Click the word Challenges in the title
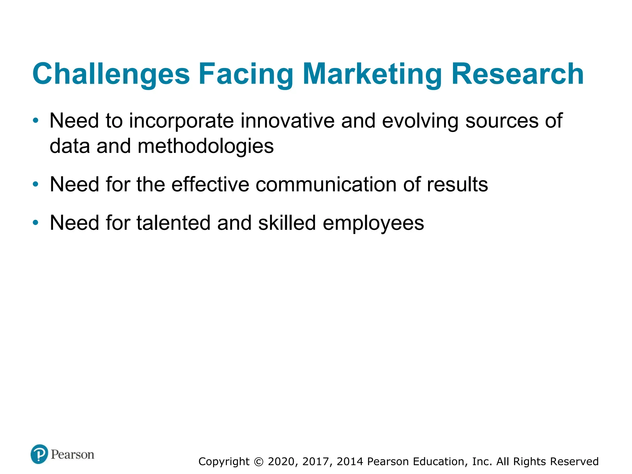pos(111,74)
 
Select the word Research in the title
pos(518,74)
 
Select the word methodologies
pos(206,146)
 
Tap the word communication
pos(326,185)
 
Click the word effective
pos(210,185)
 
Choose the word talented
pos(173,223)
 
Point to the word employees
pos(373,223)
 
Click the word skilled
pos(287,223)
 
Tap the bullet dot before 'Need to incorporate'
pos(36,120)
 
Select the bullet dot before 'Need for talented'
pos(36,222)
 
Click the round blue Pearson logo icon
pos(39,454)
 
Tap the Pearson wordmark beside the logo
pos(73,455)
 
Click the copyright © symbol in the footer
pos(259,462)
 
